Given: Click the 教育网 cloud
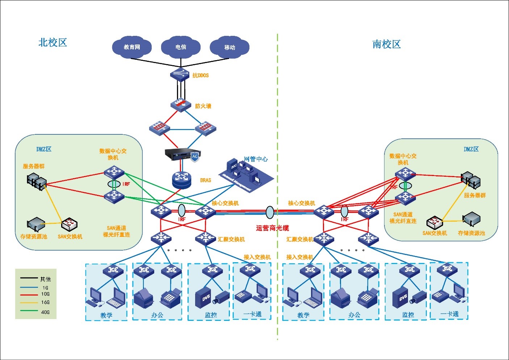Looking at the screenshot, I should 132,47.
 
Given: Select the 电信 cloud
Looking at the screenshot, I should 181,47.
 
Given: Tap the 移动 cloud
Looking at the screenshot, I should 230,47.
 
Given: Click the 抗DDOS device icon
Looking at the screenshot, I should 180,74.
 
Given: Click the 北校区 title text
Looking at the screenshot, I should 53,43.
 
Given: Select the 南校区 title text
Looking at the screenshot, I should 387,45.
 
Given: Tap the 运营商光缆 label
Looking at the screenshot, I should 272,228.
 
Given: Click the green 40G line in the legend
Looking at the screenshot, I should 29,311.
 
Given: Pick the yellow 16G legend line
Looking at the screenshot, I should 29,302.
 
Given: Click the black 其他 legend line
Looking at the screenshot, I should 29,278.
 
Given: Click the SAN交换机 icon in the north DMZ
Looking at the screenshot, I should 69,225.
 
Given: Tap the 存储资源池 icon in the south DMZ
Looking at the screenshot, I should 471,219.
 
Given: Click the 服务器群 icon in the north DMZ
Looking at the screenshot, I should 37,181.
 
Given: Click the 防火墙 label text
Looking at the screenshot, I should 203,106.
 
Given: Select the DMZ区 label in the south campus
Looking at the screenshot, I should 471,149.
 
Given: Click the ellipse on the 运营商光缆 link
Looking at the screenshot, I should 270,212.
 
